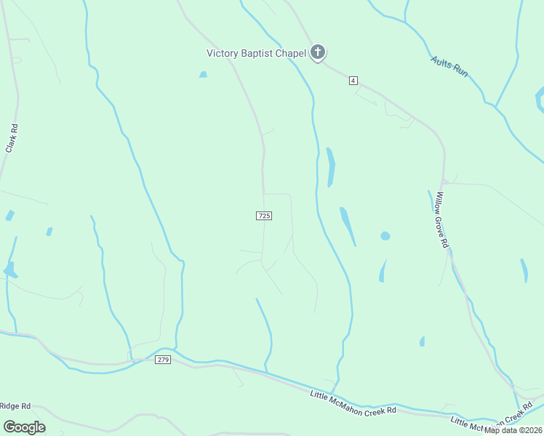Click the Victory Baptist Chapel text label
click(x=256, y=52)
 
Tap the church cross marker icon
click(x=317, y=52)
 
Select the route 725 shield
click(x=264, y=216)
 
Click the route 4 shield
click(x=353, y=80)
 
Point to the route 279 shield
click(x=163, y=360)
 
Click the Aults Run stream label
click(x=449, y=67)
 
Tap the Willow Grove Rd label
click(x=441, y=219)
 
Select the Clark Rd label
click(x=12, y=137)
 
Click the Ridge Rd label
click(x=15, y=406)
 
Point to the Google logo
click(x=25, y=427)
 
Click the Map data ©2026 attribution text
click(x=513, y=430)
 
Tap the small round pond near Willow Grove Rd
click(x=385, y=236)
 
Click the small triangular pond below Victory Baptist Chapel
click(x=203, y=74)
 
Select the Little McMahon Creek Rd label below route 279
click(x=353, y=403)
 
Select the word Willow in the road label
click(x=438, y=204)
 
